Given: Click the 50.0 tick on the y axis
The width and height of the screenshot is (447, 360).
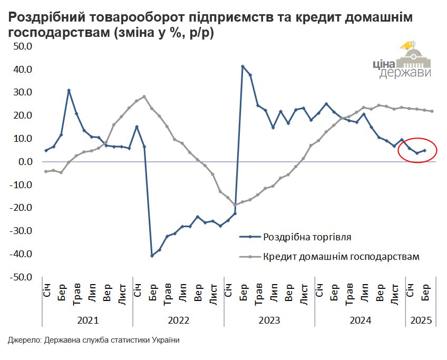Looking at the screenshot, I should click(23, 46).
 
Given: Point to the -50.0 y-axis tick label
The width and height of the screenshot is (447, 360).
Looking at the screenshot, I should click(22, 277).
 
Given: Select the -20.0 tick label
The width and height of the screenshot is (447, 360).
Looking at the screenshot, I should click(22, 208).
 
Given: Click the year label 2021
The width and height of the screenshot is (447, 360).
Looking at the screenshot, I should click(88, 320).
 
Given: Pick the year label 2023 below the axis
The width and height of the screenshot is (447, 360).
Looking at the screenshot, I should click(269, 320).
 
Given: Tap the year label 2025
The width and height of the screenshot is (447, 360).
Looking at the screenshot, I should click(421, 320).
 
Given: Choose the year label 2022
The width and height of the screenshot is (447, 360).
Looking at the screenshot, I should click(178, 320).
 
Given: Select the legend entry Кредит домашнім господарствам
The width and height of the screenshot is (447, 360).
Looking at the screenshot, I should click(341, 257).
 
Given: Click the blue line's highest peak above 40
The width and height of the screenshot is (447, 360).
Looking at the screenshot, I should click(242, 66).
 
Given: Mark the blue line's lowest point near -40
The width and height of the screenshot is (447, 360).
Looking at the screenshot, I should click(152, 256).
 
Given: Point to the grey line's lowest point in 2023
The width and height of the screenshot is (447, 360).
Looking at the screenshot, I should click(235, 205).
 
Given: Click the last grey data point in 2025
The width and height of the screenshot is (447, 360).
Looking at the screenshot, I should click(432, 111).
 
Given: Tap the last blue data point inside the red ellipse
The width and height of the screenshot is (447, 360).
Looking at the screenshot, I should click(424, 150).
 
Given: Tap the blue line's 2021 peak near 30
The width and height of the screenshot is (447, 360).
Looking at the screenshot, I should click(69, 91).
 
